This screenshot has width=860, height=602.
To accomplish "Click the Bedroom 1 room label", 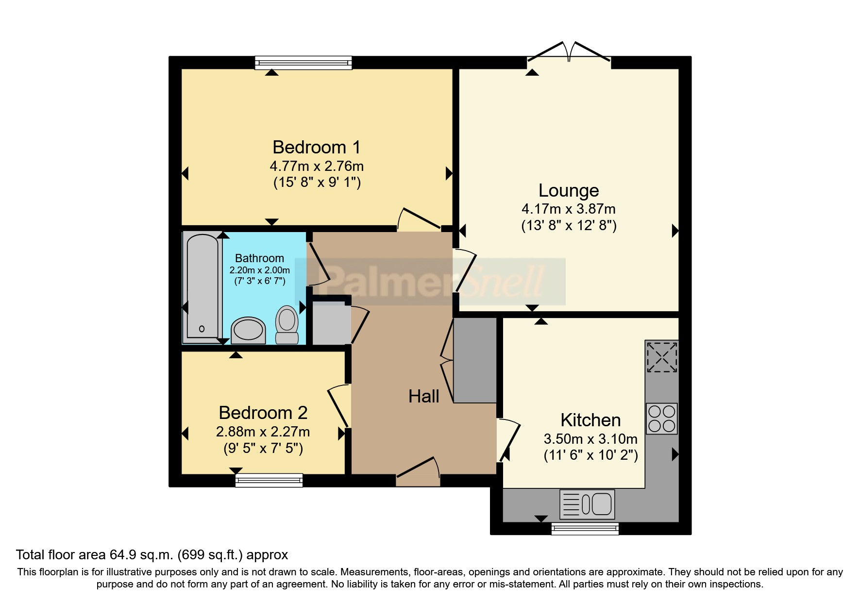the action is [317, 147].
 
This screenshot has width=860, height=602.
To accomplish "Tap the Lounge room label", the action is [569, 191].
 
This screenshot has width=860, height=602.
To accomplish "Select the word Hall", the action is [424, 397].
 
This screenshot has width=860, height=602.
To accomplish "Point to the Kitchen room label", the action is [590, 420].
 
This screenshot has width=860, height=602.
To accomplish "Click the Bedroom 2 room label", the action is [263, 413].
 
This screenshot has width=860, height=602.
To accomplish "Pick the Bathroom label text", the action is [259, 258].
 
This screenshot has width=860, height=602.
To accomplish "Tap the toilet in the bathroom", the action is [287, 324].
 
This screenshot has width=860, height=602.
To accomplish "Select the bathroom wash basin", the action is [248, 330].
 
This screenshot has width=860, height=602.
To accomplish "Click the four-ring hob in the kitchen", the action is [661, 418].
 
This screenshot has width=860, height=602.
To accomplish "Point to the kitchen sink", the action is [587, 504].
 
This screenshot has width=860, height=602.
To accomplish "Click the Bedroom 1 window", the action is [304, 63].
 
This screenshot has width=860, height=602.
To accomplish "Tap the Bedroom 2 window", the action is [269, 481].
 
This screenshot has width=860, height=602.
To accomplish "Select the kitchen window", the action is [585, 529].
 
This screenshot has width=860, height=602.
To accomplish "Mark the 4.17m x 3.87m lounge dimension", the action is [569, 209].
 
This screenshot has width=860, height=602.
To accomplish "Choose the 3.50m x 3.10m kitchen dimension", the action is [590, 439].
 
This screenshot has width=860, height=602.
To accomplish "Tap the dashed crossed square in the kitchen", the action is [661, 357].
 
